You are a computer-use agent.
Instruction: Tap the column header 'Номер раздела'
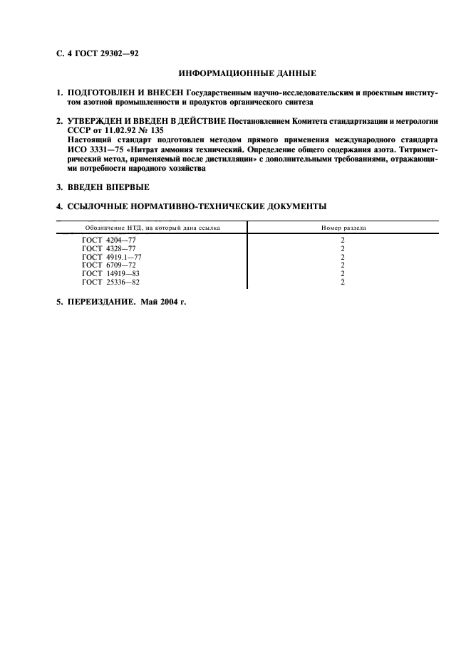[x=343, y=228]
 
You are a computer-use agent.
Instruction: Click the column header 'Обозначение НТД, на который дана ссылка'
[x=151, y=228]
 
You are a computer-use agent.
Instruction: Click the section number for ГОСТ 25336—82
[x=343, y=282]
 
